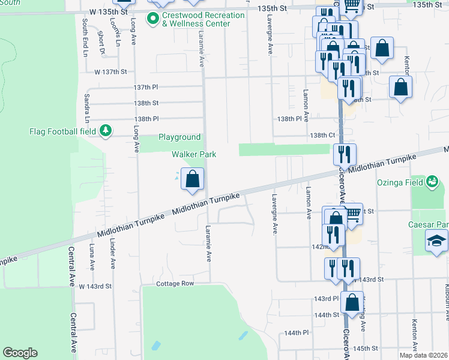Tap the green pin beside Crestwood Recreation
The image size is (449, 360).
(x=153, y=19)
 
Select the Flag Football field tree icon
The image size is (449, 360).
(x=106, y=130)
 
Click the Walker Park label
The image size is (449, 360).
(x=194, y=154)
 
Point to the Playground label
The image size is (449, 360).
(x=179, y=137)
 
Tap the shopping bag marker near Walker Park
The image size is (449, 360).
(x=192, y=179)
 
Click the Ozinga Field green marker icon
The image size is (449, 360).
(x=432, y=181)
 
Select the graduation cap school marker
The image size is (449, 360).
(x=436, y=242)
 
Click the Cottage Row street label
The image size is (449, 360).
(x=175, y=283)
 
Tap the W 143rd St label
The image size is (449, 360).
(x=95, y=286)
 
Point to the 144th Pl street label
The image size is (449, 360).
(x=297, y=332)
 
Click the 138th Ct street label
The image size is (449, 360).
(x=322, y=136)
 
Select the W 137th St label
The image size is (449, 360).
(x=110, y=71)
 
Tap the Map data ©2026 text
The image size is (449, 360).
(x=421, y=355)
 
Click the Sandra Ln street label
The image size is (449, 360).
(x=87, y=105)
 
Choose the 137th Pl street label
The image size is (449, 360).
(x=145, y=87)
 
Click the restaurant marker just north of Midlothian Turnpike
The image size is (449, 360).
(x=345, y=155)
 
